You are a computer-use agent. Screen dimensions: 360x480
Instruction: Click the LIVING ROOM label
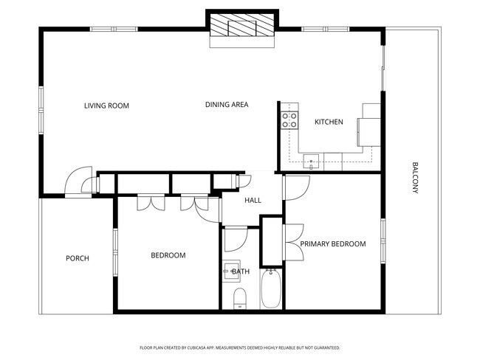point(106,105)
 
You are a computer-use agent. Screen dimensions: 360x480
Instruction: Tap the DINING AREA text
point(226,105)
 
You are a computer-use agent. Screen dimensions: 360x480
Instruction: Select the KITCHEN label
point(329,122)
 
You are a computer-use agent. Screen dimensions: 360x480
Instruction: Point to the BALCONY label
point(415,178)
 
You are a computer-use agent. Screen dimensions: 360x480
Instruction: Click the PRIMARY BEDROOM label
point(332,243)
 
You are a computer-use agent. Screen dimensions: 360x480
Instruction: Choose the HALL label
point(253,200)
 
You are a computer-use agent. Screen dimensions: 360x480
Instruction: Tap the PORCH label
point(78,258)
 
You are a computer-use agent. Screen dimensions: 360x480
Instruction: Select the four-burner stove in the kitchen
point(289,119)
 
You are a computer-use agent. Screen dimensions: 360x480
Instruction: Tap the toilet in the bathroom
point(239,299)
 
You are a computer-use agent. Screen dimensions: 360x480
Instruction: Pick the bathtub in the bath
point(271,290)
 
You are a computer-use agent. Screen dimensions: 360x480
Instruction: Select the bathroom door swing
point(234,240)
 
